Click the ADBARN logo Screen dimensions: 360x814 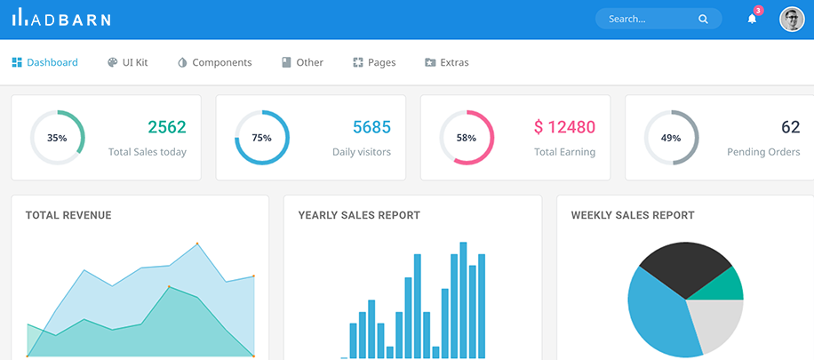pyautogui.click(x=61, y=19)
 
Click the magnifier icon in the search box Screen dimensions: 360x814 pyautogui.click(x=703, y=19)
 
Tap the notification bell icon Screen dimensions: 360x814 pyautogui.click(x=752, y=19)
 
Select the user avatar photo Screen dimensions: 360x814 pyautogui.click(x=791, y=19)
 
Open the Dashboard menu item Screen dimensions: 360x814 pyautogui.click(x=45, y=62)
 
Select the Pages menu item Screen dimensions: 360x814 pyautogui.click(x=374, y=62)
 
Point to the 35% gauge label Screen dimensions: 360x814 pyautogui.click(x=57, y=138)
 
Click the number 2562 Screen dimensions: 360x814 pyautogui.click(x=167, y=127)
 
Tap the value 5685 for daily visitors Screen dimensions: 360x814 pyautogui.click(x=371, y=127)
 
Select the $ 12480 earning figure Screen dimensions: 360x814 pyautogui.click(x=564, y=127)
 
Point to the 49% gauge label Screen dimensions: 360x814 pyautogui.click(x=671, y=138)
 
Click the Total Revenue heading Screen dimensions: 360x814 pyautogui.click(x=68, y=215)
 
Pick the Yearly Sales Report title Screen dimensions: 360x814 pyautogui.click(x=359, y=215)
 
